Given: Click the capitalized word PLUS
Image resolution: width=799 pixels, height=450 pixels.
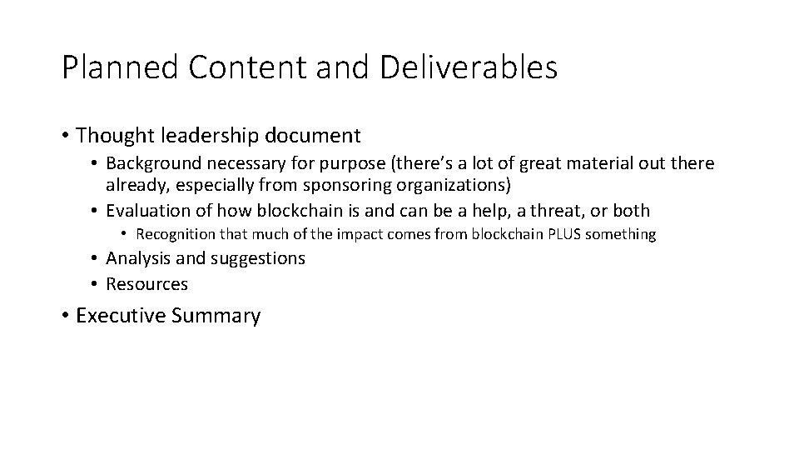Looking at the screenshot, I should [563, 234].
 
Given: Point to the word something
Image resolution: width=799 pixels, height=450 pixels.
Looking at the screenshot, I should [621, 234].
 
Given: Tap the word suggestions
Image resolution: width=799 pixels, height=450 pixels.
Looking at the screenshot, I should [258, 258].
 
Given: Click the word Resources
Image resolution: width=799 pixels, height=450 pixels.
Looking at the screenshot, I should [147, 284].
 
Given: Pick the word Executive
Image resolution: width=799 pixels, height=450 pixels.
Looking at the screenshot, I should [122, 316].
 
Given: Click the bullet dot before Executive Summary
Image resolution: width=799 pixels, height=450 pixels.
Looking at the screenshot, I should [65, 317].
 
